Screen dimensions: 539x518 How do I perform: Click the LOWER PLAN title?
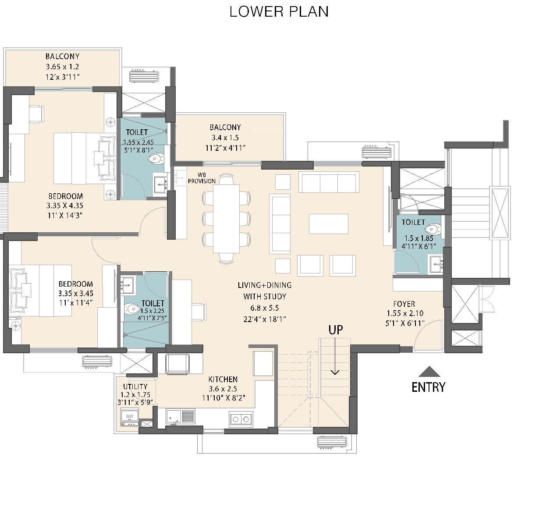coord(279,12)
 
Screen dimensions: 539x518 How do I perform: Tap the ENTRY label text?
coord(428,387)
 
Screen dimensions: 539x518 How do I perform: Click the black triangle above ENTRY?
coord(429,372)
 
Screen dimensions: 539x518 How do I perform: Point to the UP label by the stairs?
coord(335,330)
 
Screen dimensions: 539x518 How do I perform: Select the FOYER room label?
coord(404,304)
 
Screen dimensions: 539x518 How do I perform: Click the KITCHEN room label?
coord(223,379)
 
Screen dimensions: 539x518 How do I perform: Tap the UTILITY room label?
coord(135,387)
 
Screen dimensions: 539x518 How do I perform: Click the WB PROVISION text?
coord(202,178)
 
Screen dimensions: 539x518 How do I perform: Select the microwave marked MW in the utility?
coord(129,416)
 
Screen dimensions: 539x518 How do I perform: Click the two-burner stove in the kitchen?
coord(241,419)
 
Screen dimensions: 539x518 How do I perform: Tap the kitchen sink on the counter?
coord(180,417)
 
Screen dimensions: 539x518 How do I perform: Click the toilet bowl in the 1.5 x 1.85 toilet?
coord(433,229)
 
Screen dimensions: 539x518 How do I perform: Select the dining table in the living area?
coord(226,219)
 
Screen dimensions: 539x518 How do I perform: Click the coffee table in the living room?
coord(329,224)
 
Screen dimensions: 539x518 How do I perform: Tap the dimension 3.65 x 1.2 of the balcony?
coord(62,67)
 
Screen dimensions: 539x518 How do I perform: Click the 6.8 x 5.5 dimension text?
coord(265,308)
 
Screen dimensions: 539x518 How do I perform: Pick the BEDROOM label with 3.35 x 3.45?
coord(76,284)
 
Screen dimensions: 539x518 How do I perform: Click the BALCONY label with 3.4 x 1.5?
coord(225,128)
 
